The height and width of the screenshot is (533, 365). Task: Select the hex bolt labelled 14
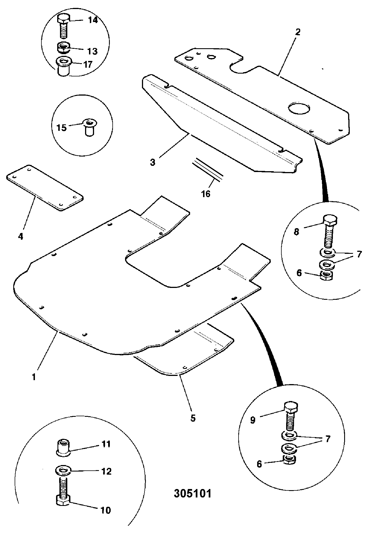(x=64, y=26)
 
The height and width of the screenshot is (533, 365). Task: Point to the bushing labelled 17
(x=64, y=66)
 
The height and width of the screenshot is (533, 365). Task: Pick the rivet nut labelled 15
(x=89, y=128)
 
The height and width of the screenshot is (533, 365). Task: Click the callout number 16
(x=206, y=194)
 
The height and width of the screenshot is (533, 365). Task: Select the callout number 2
(x=298, y=32)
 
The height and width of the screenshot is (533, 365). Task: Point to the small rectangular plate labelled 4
(x=44, y=188)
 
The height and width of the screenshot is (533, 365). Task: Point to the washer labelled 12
(x=63, y=470)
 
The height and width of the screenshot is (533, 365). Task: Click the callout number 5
(x=193, y=418)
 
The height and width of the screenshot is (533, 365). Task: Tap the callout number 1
(x=34, y=377)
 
